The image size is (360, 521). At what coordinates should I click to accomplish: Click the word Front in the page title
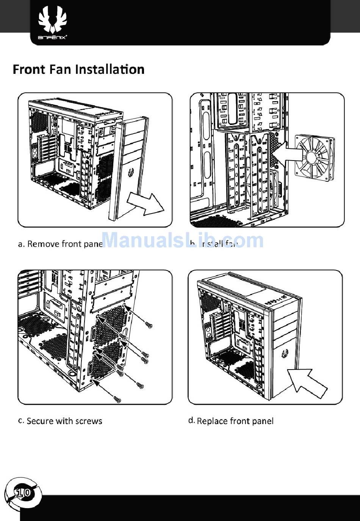[x=29, y=70]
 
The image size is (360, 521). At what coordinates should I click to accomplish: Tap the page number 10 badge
[x=23, y=493]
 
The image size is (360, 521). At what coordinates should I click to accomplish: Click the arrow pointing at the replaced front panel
[x=305, y=381]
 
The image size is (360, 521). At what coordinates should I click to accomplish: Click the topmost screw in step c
[x=149, y=324]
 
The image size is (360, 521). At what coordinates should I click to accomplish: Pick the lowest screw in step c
[x=117, y=399]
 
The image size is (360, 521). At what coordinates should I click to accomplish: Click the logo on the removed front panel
[x=131, y=173]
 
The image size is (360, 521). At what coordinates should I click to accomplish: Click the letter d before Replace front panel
[x=191, y=421]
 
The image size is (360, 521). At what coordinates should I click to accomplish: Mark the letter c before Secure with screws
[x=21, y=421]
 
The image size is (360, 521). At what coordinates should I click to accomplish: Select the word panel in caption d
[x=263, y=421]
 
